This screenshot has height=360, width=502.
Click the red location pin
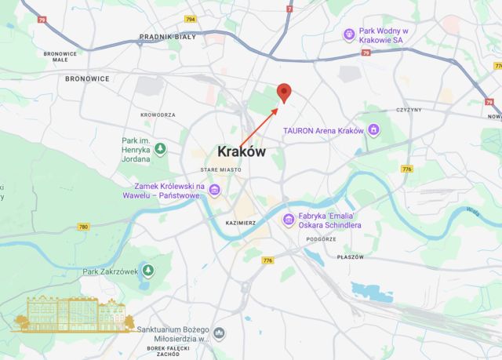[x=285, y=92]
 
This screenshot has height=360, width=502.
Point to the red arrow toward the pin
[x=259, y=125]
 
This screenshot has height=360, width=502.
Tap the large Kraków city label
[x=241, y=151]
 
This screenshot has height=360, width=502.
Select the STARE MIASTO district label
[x=220, y=169]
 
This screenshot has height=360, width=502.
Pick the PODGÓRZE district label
[x=321, y=238]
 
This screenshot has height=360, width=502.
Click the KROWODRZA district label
[x=158, y=115]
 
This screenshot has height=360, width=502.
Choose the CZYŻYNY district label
[x=410, y=110]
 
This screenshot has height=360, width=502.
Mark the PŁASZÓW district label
[x=351, y=256]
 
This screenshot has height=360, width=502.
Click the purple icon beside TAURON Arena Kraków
[x=374, y=129]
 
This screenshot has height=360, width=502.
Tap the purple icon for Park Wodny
[x=349, y=35]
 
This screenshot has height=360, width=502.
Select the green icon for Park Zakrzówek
[x=144, y=272]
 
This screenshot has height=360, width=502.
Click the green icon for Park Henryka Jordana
[x=160, y=148]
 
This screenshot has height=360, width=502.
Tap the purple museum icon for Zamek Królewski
[x=214, y=190]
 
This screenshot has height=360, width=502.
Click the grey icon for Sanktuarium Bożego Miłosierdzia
[x=219, y=333]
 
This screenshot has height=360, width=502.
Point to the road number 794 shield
[x=191, y=19]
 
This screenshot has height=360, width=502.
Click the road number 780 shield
[x=84, y=227]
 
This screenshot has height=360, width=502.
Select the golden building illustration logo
[x=75, y=314]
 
